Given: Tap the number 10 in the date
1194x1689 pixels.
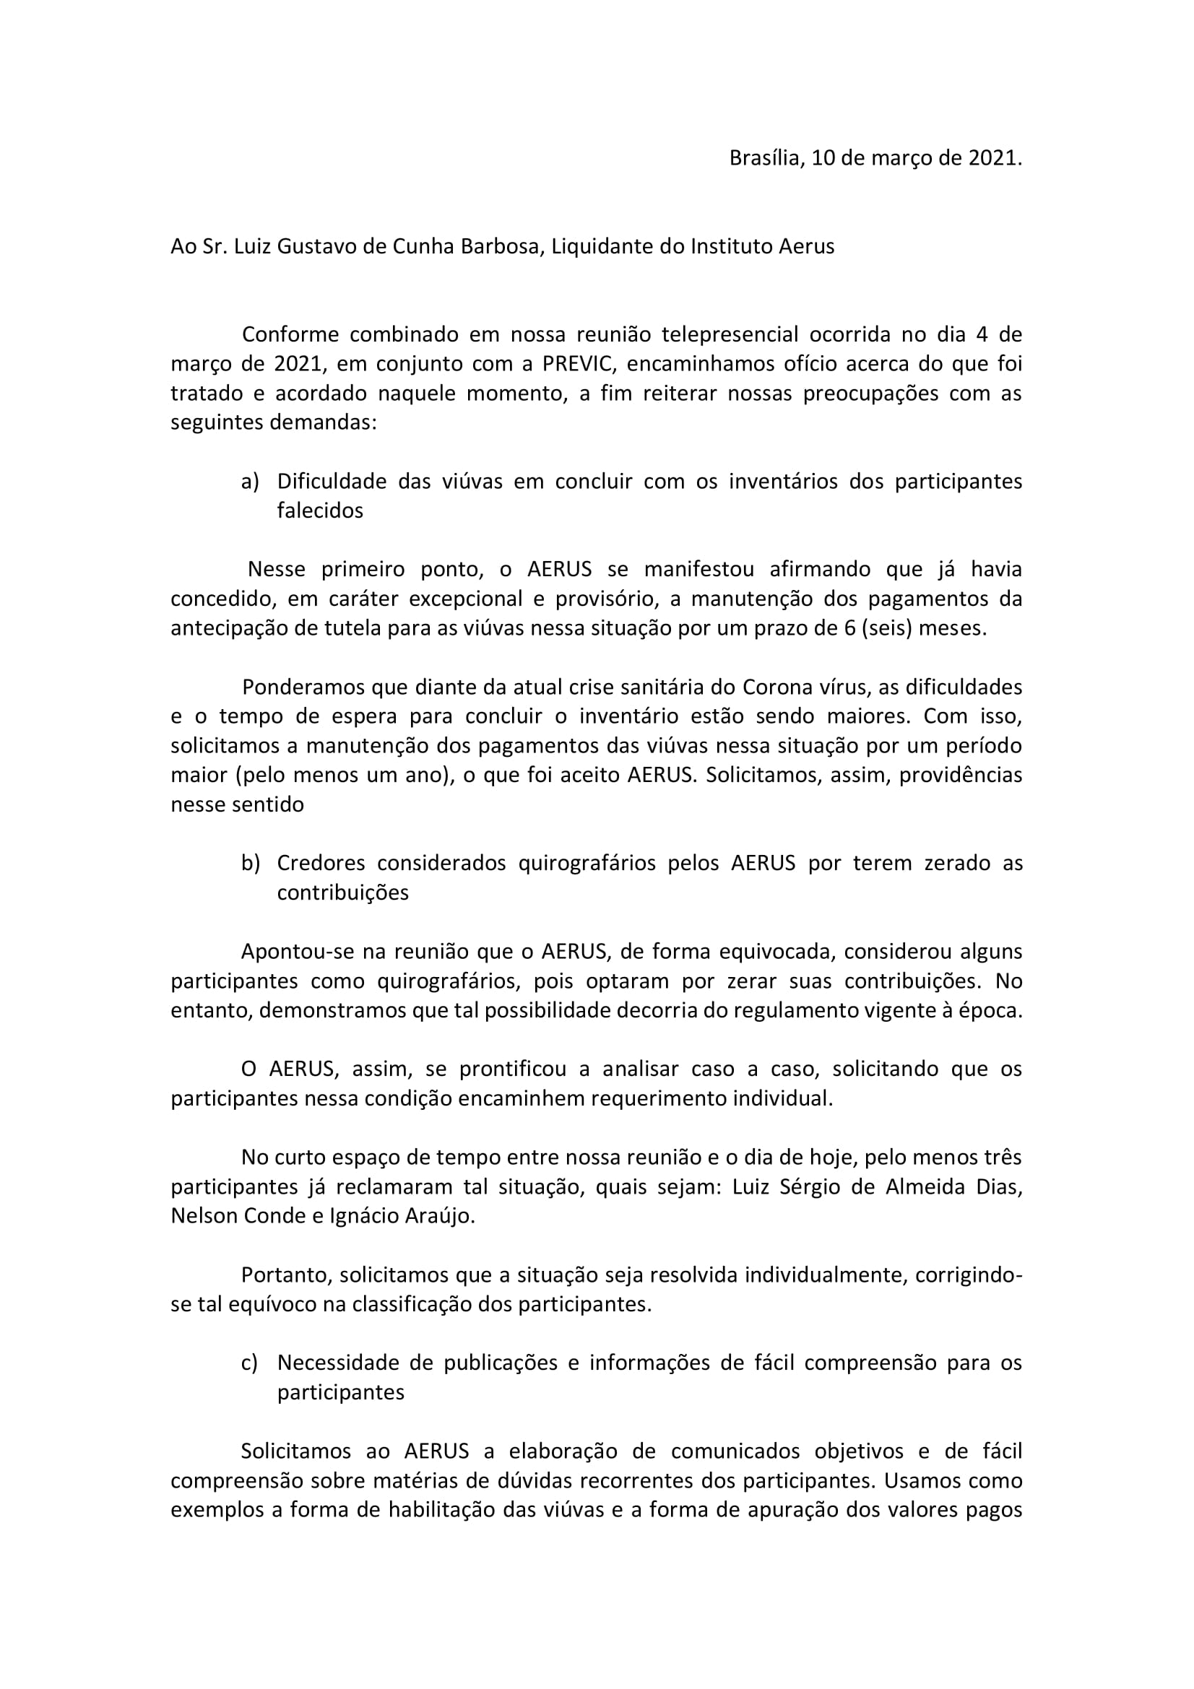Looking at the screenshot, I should pyautogui.click(x=822, y=158).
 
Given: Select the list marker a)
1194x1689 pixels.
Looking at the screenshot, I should pyautogui.click(x=250, y=482).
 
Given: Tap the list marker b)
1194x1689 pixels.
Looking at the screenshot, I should pyautogui.click(x=250, y=864).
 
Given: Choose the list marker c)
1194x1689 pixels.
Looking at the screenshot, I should pyautogui.click(x=249, y=1363).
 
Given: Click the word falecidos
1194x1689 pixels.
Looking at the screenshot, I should pyautogui.click(x=320, y=511).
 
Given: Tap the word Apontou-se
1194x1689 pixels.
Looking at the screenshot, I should pyautogui.click(x=298, y=952).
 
